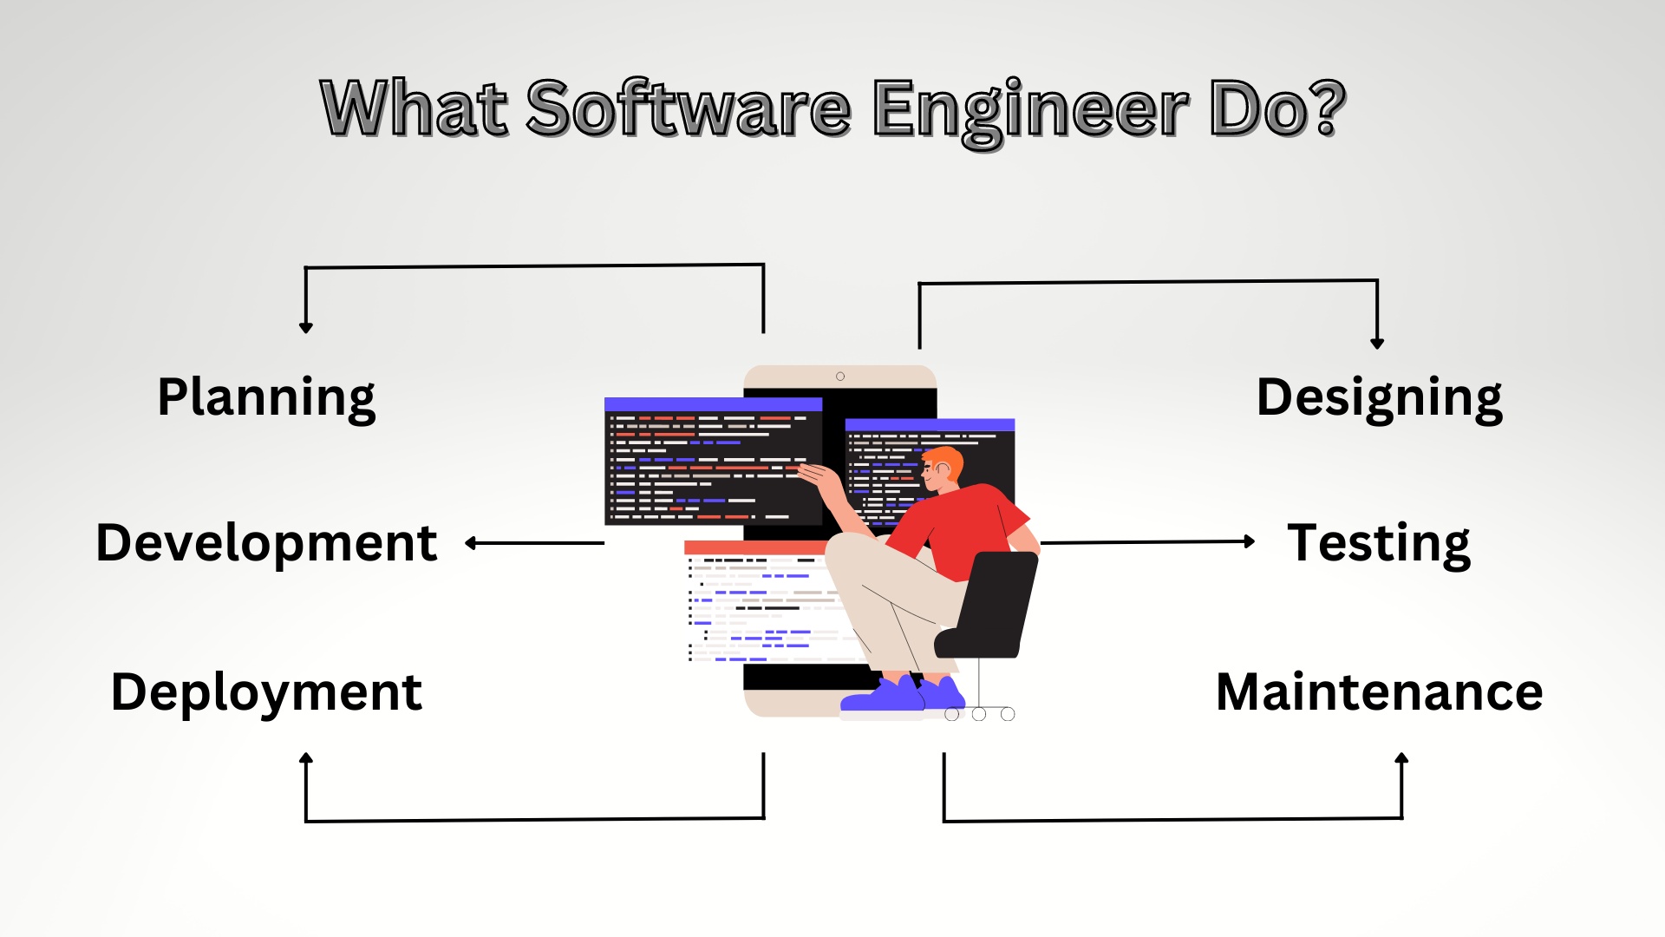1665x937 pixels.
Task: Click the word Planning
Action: pos(266,398)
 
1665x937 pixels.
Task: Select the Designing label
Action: pos(1379,398)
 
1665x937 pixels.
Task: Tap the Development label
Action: pos(266,543)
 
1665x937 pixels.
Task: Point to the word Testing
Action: pos(1379,543)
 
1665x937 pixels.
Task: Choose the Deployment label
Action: pos(266,692)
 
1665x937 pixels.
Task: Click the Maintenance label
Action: pos(1379,692)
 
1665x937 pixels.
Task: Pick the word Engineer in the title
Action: pos(1030,110)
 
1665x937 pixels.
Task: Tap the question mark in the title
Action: pos(1327,108)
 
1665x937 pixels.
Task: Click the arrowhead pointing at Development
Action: pos(471,543)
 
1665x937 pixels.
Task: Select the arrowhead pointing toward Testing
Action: pos(1250,541)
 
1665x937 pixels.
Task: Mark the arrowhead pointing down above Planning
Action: pos(306,327)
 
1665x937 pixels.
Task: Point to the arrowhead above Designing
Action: pos(1377,344)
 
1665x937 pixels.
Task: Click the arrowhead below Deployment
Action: pos(306,758)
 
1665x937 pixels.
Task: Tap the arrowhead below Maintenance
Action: pos(1401,758)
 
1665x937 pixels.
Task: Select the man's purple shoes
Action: pos(902,696)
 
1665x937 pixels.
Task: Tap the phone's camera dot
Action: pos(840,377)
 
